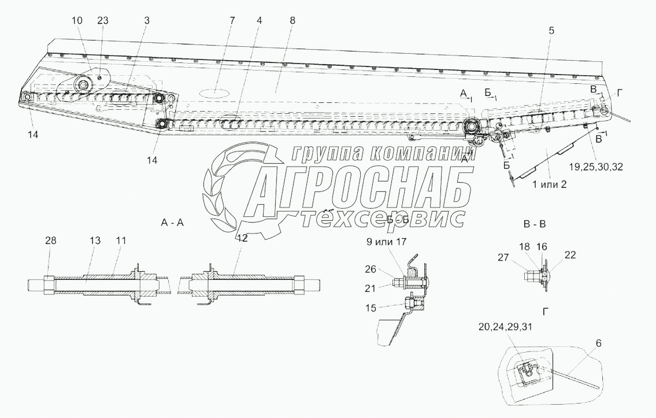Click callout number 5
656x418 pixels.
click(551, 31)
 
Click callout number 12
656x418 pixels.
click(242, 238)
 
